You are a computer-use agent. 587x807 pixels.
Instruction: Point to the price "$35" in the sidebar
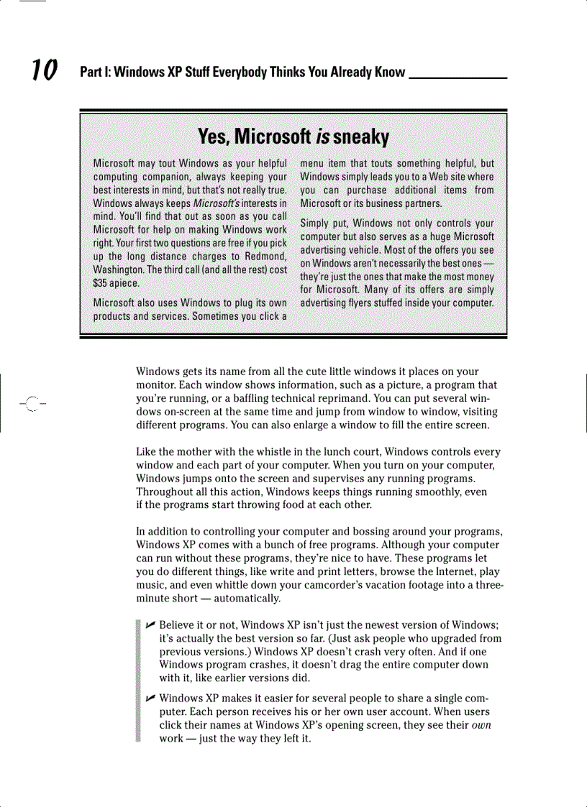click(104, 282)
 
